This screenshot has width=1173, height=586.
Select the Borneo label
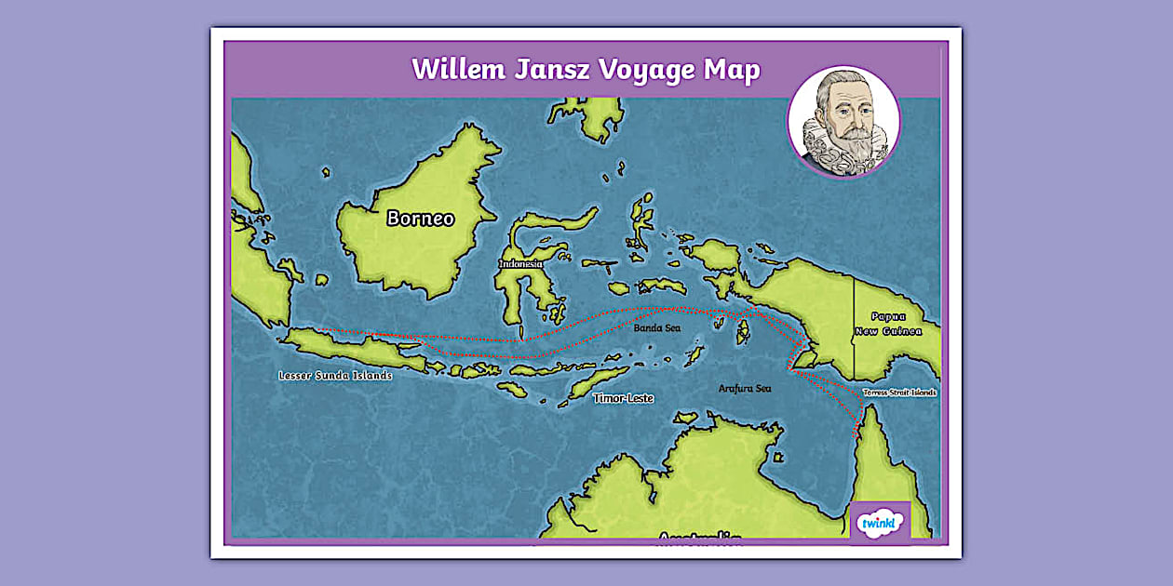tap(421, 219)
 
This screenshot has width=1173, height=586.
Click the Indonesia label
tap(520, 263)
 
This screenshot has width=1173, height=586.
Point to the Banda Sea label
tap(657, 328)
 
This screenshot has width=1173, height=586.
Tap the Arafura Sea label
tap(745, 388)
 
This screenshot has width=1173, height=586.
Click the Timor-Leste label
tap(623, 398)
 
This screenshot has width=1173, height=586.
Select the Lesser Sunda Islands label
tap(335, 376)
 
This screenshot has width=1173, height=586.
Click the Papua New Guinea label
tap(890, 324)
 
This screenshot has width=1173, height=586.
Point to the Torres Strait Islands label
tap(899, 393)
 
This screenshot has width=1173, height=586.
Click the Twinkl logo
tap(880, 522)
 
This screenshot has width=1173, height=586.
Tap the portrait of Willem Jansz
tap(843, 121)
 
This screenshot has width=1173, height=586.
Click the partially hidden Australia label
tap(699, 537)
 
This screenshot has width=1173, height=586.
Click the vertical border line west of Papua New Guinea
tap(854, 326)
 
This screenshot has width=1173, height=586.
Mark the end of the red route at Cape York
tap(855, 433)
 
